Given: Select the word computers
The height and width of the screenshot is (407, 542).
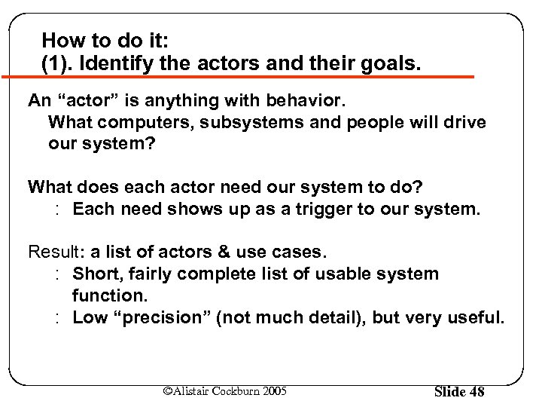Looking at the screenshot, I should (134, 121).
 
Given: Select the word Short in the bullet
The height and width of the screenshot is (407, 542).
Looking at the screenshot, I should (93, 273).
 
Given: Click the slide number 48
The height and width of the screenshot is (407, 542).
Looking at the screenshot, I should (475, 391).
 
